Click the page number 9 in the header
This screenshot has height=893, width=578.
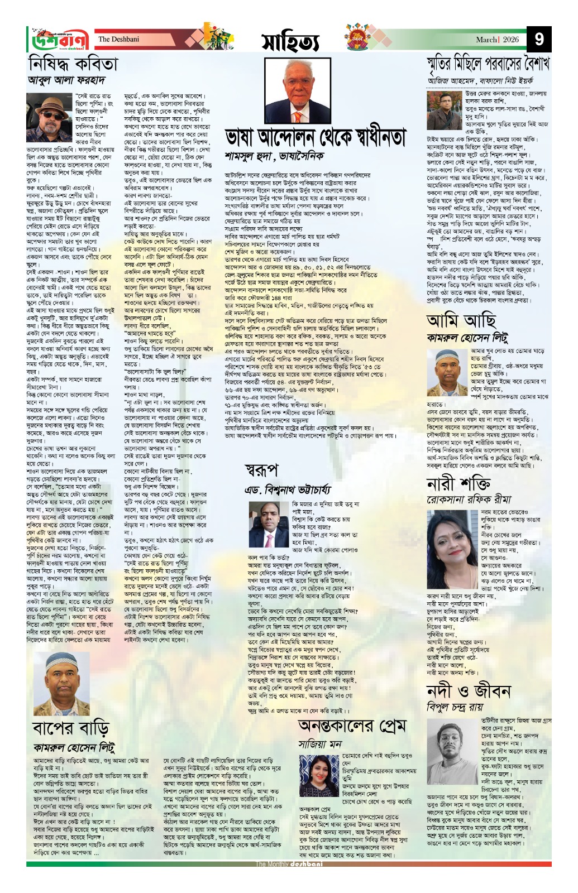(539, 39)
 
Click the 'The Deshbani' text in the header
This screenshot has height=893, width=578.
(118, 39)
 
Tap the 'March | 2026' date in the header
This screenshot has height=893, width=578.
(498, 40)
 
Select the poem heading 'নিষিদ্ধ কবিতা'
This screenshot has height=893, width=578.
(73, 64)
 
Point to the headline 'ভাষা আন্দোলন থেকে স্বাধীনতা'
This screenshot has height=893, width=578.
(316, 137)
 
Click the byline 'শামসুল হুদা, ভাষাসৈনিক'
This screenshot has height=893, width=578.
(274, 156)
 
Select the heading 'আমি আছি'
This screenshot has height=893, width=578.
(461, 321)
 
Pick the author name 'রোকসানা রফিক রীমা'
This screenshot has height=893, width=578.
(461, 499)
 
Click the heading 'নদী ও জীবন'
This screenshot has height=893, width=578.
(468, 691)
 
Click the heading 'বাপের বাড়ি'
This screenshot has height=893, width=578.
(70, 728)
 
